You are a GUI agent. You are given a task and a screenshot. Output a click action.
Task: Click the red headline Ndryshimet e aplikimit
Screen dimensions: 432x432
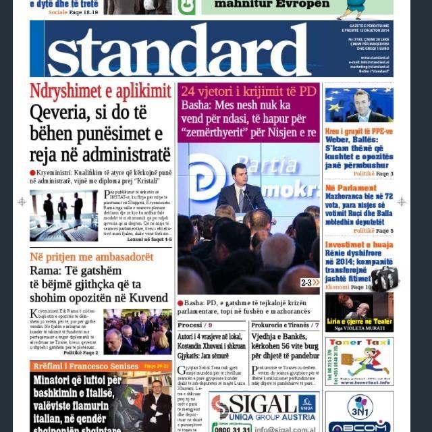[100, 91]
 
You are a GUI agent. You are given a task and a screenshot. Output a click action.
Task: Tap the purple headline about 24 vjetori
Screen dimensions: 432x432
[248, 91]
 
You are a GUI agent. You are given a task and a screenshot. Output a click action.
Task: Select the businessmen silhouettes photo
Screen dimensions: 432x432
[63, 215]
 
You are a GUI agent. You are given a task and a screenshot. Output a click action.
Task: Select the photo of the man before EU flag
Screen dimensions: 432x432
[358, 105]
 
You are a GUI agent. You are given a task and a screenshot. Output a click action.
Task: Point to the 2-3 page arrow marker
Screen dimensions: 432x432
[310, 282]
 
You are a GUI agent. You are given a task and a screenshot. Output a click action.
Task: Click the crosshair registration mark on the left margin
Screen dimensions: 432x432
[22, 201]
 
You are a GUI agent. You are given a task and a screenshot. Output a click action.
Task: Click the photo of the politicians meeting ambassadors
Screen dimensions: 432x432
[138, 331]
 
